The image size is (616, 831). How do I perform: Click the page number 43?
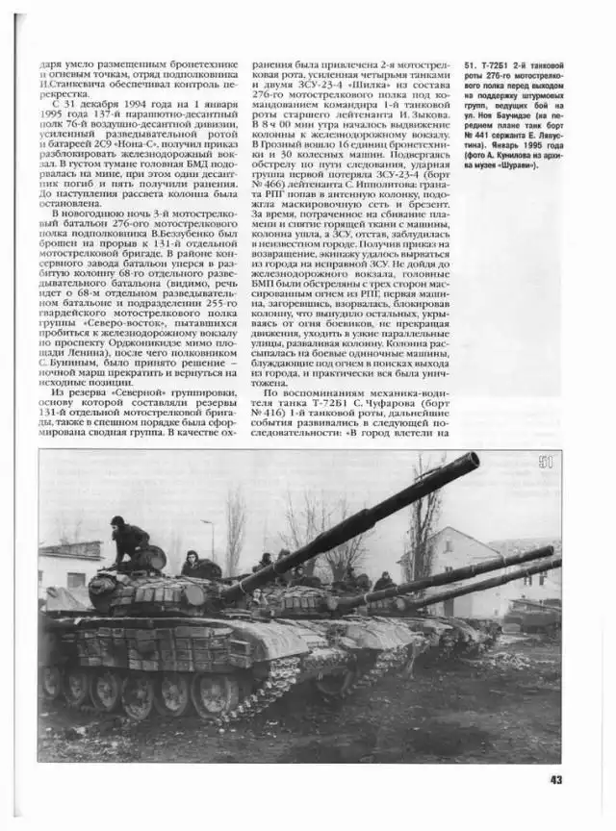[555, 779]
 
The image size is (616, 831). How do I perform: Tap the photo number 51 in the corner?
[547, 463]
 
